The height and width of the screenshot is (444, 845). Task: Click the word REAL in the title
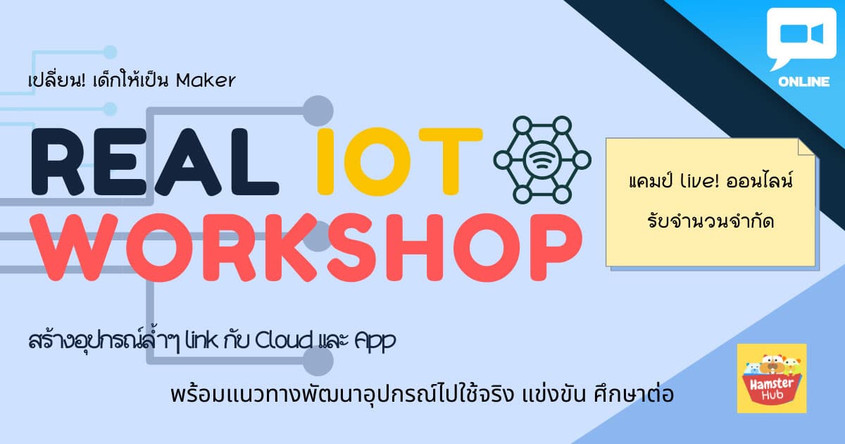pyautogui.click(x=155, y=161)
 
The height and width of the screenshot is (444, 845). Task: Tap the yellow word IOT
pyautogui.click(x=400, y=161)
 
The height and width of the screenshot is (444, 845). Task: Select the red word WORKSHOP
pyautogui.click(x=306, y=247)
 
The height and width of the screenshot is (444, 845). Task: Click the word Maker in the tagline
pyautogui.click(x=206, y=80)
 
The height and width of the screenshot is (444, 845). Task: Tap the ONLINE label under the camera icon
pyautogui.click(x=803, y=82)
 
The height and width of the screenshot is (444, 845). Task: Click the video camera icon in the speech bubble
pyautogui.click(x=802, y=34)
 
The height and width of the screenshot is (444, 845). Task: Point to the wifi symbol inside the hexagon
pyautogui.click(x=542, y=160)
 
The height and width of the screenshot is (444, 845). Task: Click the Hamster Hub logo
pyautogui.click(x=772, y=378)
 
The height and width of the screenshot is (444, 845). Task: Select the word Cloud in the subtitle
pyautogui.click(x=284, y=340)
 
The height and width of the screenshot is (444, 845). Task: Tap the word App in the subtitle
pyautogui.click(x=375, y=341)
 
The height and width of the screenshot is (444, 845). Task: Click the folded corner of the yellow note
pyautogui.click(x=806, y=147)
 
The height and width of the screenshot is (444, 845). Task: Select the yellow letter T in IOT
pyautogui.click(x=451, y=161)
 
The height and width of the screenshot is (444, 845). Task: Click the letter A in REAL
pyautogui.click(x=188, y=161)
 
